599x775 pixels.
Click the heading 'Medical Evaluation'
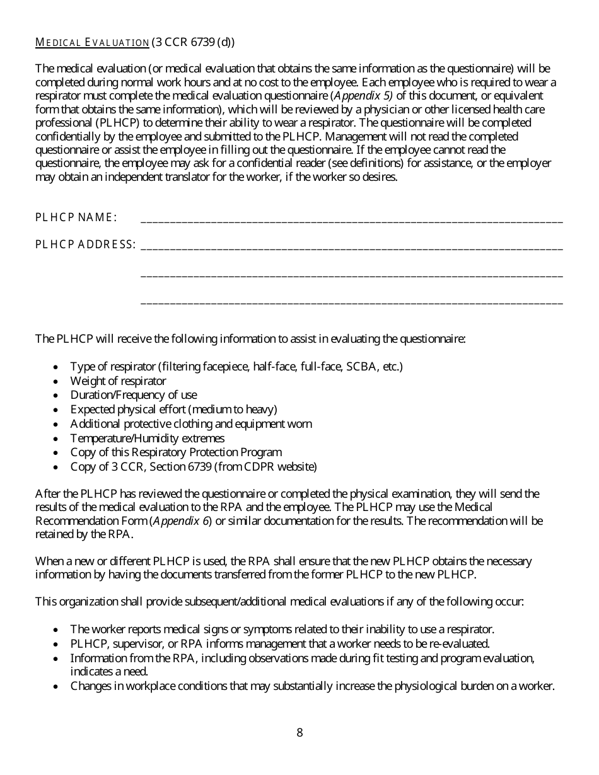point(91,43)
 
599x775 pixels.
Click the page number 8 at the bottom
point(299,732)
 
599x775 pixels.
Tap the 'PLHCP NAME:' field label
point(76,217)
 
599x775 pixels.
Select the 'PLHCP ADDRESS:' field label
point(85,244)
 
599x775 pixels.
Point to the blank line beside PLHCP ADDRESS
point(351,248)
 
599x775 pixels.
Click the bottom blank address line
point(351,302)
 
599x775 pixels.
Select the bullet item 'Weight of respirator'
point(118,381)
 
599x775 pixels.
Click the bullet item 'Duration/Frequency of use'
point(134,395)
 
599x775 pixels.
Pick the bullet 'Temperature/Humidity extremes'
point(147,438)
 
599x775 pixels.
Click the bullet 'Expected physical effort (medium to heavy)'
point(173,410)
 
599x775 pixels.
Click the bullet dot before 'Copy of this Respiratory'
point(57,453)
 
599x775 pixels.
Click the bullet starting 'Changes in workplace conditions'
point(312,686)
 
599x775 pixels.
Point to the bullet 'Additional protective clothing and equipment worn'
point(190,424)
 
